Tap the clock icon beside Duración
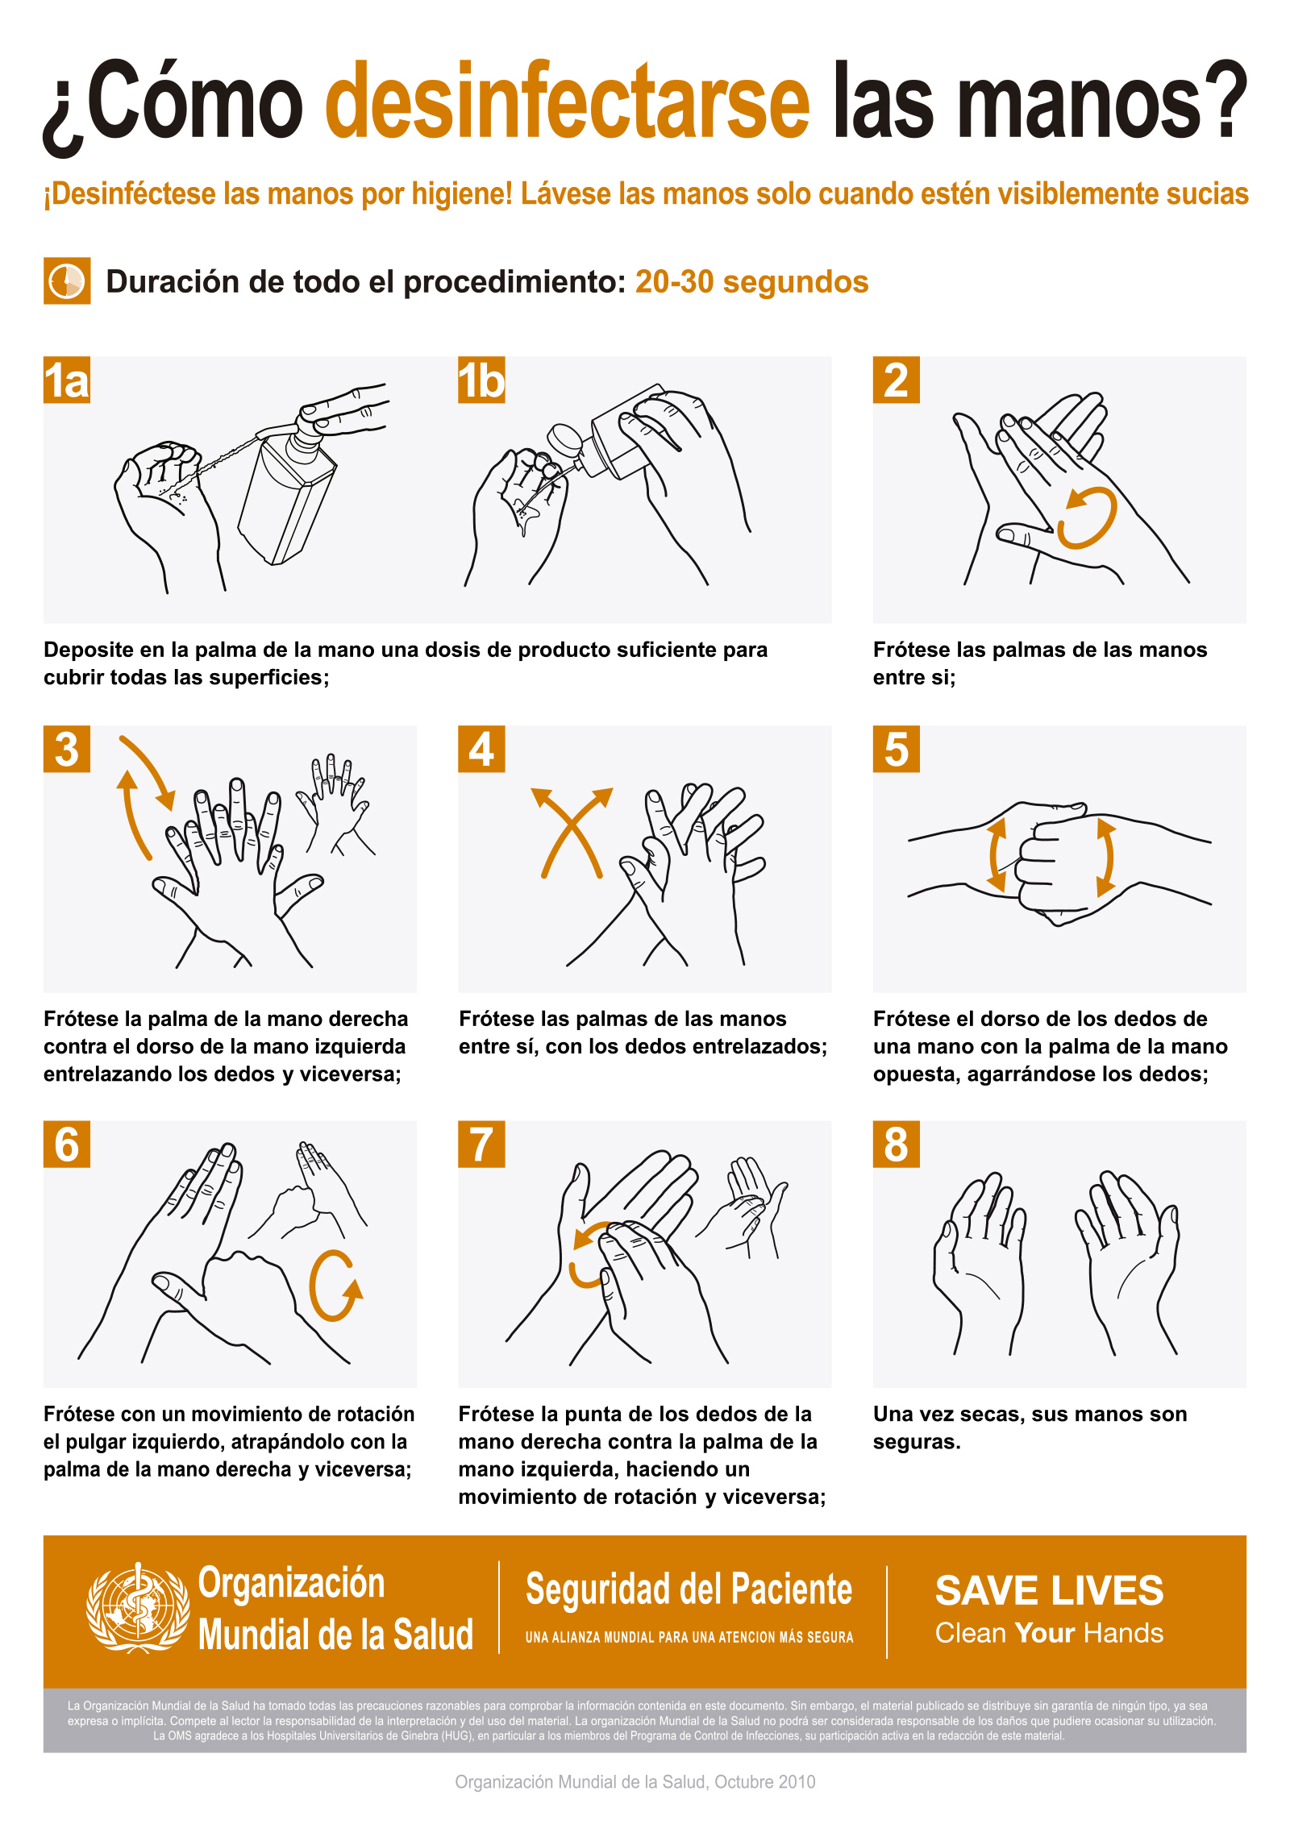pos(67,281)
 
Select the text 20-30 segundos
pos(751,282)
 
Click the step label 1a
pos(67,380)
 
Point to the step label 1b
pos(481,380)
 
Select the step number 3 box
pos(67,750)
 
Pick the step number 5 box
pos(896,750)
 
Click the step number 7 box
pos(481,1145)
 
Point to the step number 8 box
pos(896,1145)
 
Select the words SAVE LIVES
pos(1049,1591)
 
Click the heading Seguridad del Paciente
pos(689,1589)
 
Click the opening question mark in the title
pos(63,121)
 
